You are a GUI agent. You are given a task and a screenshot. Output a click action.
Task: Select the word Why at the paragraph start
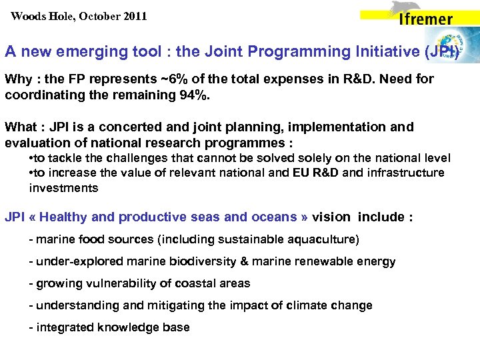point(18,79)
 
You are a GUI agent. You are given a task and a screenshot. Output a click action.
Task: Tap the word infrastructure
point(407,173)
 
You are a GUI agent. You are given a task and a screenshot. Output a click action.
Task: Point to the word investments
point(63,187)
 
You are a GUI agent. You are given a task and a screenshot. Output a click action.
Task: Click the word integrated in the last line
point(64,327)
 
